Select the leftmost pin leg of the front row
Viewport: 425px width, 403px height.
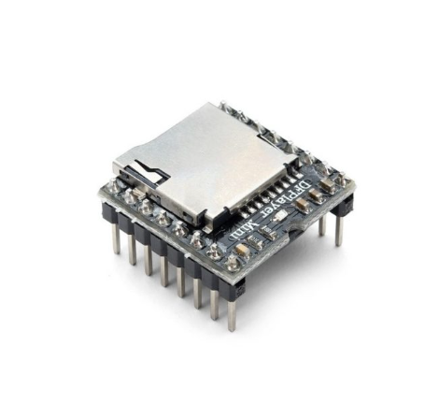pyautogui.click(x=116, y=239)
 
